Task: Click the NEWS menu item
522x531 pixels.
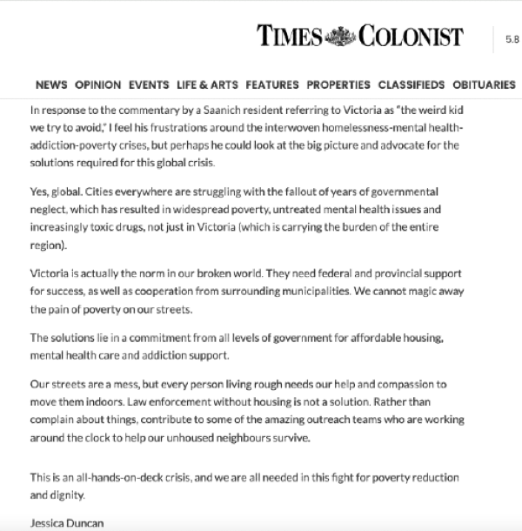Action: click(51, 84)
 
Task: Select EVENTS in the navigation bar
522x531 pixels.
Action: click(149, 84)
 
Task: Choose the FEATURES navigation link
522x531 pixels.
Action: click(272, 84)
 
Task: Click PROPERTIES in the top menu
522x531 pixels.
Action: click(338, 84)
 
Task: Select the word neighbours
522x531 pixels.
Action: click(252, 436)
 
